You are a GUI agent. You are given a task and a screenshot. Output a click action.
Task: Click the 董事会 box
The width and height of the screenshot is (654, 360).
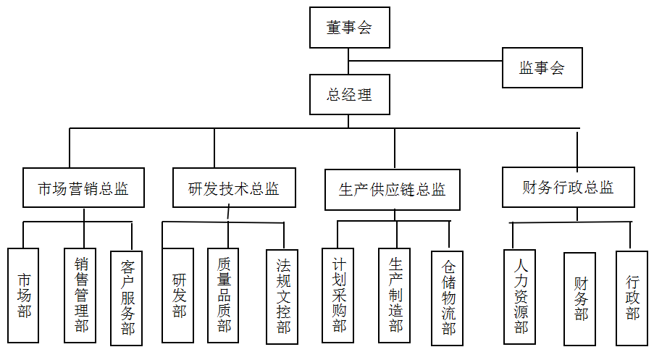click(x=349, y=28)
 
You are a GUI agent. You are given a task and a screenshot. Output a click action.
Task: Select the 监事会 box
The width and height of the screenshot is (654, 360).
click(x=542, y=68)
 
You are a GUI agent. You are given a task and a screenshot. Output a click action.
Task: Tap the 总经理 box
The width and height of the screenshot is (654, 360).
click(x=349, y=94)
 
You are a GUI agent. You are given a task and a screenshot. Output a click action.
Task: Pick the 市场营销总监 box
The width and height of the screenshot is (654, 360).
click(x=83, y=189)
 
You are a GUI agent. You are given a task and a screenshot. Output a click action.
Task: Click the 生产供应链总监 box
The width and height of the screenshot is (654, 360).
click(x=392, y=189)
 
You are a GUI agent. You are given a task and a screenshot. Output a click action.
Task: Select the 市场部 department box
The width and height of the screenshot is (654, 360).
click(x=25, y=295)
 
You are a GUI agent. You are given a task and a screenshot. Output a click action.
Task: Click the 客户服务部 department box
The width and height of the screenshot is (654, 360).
click(x=127, y=297)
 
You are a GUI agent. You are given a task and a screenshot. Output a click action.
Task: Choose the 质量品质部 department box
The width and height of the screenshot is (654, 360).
click(x=224, y=295)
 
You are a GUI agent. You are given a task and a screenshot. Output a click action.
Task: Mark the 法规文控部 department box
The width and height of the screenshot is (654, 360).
click(x=282, y=297)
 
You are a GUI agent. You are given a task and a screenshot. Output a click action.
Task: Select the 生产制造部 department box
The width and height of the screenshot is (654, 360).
click(x=395, y=295)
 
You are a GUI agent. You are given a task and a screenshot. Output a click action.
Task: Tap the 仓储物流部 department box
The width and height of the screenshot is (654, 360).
click(x=448, y=298)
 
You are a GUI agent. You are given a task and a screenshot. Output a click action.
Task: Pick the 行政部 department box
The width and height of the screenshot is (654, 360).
click(x=632, y=297)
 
